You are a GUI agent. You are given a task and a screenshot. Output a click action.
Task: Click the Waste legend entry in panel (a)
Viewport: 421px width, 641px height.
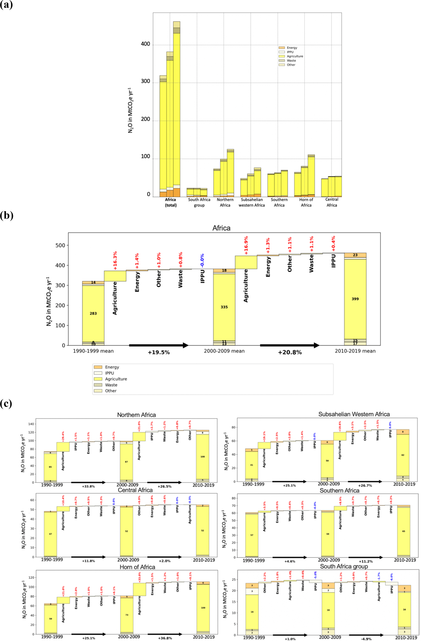pyautogui.click(x=291, y=61)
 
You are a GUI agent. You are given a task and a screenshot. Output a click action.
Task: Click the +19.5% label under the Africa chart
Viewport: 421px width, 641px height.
pyautogui.click(x=159, y=352)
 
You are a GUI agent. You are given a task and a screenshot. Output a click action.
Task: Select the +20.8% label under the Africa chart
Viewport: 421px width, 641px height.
pyautogui.click(x=290, y=352)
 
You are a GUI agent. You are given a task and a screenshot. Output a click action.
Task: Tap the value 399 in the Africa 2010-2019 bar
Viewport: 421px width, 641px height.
pyautogui.click(x=355, y=299)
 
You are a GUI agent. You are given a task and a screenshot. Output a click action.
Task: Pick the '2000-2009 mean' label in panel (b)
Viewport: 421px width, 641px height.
pyautogui.click(x=224, y=351)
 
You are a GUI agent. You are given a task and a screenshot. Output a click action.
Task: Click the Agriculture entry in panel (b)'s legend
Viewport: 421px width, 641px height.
pyautogui.click(x=116, y=379)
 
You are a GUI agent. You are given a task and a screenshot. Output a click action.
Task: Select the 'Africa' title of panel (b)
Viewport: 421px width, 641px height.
pyautogui.click(x=221, y=228)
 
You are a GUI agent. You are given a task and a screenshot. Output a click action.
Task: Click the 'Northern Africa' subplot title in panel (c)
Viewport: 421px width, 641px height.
pyautogui.click(x=136, y=415)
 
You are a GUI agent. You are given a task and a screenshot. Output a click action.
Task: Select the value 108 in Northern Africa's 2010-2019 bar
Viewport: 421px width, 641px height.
pyautogui.click(x=202, y=457)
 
